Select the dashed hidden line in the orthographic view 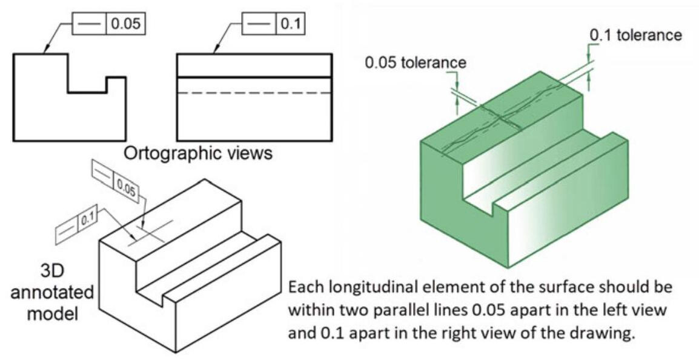[x=254, y=93]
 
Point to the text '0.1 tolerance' [x=635, y=35]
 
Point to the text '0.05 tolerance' [x=416, y=62]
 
